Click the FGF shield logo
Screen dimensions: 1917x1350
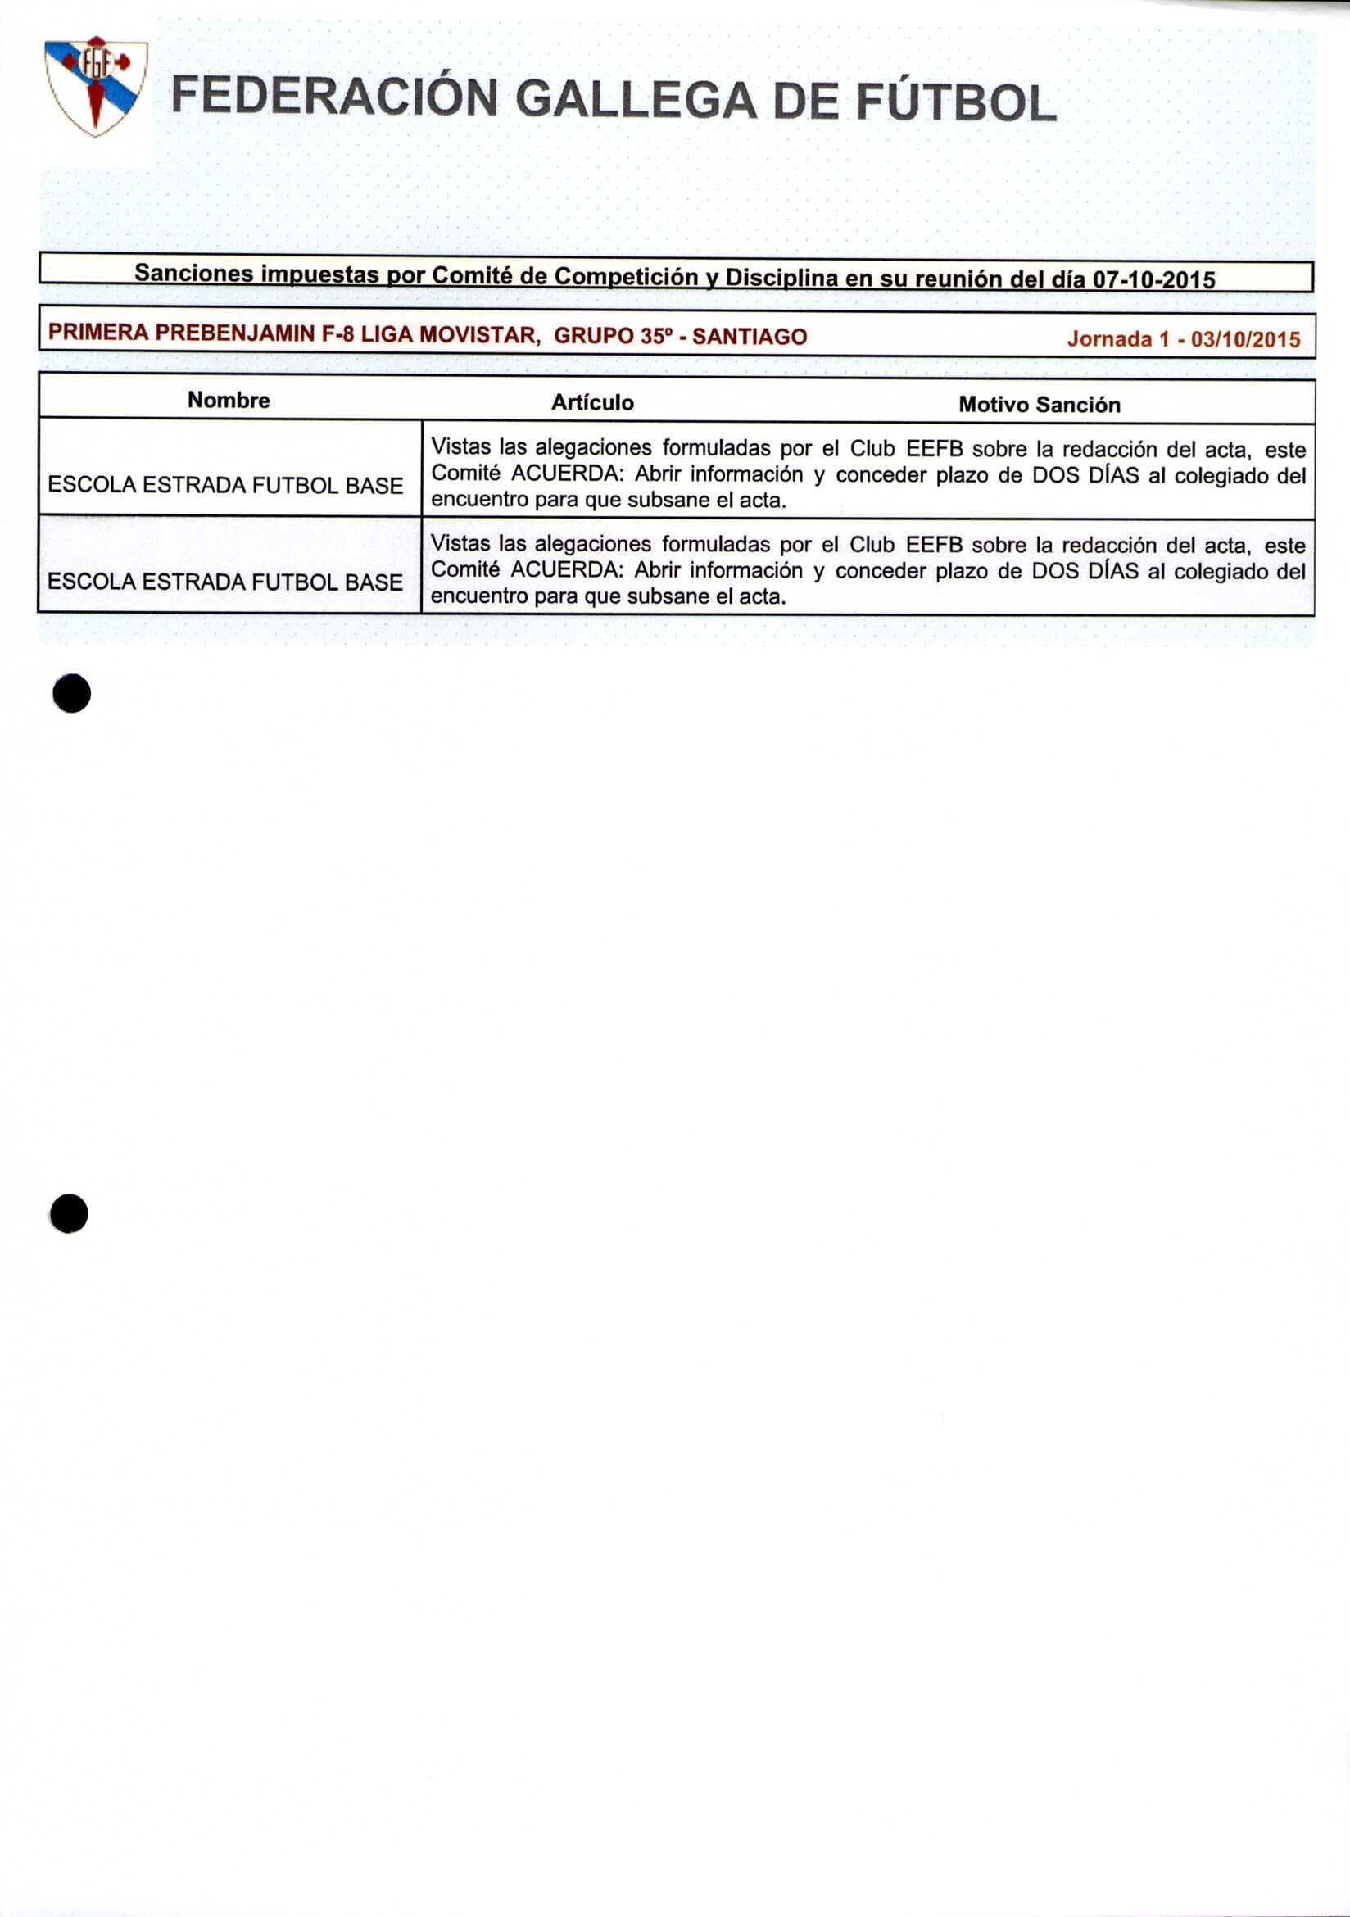(97, 85)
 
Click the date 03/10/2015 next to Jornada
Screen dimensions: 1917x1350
(1246, 340)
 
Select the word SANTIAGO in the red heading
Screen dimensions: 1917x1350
(750, 337)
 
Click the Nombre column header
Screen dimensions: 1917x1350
(229, 400)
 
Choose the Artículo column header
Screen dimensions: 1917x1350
(592, 402)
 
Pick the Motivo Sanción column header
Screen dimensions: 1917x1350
(1040, 405)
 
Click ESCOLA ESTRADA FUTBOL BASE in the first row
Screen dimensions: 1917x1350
(225, 485)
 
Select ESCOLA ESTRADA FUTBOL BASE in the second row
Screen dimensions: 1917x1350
(225, 581)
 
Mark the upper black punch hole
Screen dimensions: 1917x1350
(72, 694)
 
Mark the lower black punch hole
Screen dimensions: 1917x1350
(70, 1213)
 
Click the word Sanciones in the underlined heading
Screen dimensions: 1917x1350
(193, 273)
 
